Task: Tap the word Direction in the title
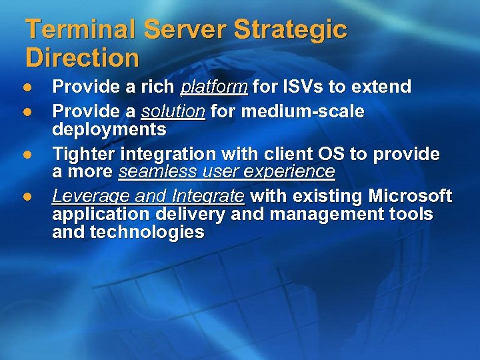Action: [82, 58]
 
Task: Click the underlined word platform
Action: [214, 87]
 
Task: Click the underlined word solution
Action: [173, 111]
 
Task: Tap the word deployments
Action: [109, 129]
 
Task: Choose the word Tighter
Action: [83, 155]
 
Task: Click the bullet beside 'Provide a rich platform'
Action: [28, 88]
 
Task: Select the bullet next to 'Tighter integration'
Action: [28, 155]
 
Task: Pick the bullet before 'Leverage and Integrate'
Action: [28, 197]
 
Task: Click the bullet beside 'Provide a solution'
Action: [28, 111]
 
